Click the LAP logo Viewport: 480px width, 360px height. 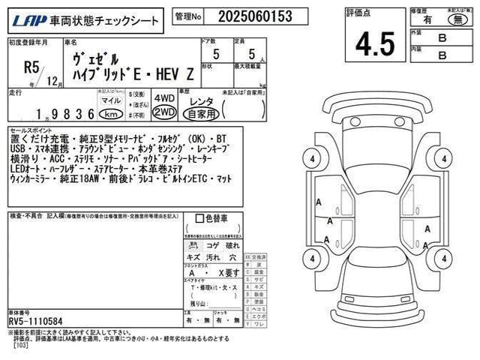[x=26, y=16]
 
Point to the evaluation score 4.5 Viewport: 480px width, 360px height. [x=370, y=43]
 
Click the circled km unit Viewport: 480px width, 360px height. [x=109, y=114]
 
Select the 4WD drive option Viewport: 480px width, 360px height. [x=163, y=98]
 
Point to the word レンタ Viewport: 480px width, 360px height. [x=201, y=99]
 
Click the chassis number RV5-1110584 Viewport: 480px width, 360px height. [x=39, y=321]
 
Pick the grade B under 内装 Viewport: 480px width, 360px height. [x=442, y=55]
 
